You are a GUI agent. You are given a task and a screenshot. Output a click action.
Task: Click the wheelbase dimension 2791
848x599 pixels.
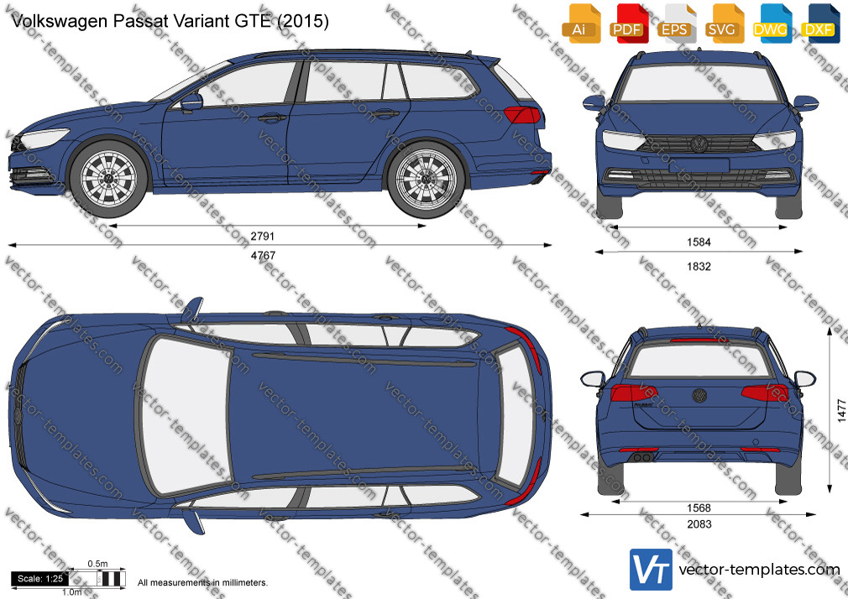tap(262, 237)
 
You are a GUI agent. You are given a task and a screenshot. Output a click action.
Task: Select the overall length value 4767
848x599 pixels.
tap(263, 256)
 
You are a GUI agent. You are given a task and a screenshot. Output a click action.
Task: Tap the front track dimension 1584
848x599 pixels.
tap(699, 242)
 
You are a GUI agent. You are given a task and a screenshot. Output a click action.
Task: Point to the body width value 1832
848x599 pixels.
tap(699, 266)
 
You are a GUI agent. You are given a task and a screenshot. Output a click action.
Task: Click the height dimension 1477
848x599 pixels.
tap(841, 410)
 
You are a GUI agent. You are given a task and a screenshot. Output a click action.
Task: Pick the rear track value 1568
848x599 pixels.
tap(699, 508)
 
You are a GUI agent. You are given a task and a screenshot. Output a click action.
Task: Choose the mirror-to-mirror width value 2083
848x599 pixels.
tap(699, 523)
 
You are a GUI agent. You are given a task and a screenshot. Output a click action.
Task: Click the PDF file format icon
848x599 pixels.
tap(627, 23)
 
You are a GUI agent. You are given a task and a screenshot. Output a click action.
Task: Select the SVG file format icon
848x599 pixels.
tap(722, 23)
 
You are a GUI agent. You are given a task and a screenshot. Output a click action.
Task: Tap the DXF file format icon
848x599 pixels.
tap(819, 23)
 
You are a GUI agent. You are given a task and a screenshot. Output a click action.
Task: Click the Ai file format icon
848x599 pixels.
tap(580, 23)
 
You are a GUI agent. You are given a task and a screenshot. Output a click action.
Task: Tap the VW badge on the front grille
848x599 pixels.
tap(699, 144)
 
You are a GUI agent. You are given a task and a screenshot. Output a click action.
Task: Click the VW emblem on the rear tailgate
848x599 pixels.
tap(699, 395)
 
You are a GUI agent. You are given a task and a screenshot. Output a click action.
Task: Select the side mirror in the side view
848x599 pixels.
tap(191, 102)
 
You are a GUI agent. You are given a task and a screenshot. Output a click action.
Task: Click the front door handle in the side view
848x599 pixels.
tap(271, 117)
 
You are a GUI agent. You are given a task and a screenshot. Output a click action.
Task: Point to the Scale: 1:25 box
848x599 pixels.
tap(40, 579)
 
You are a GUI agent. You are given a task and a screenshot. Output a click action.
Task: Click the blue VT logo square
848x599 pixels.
tap(651, 570)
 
